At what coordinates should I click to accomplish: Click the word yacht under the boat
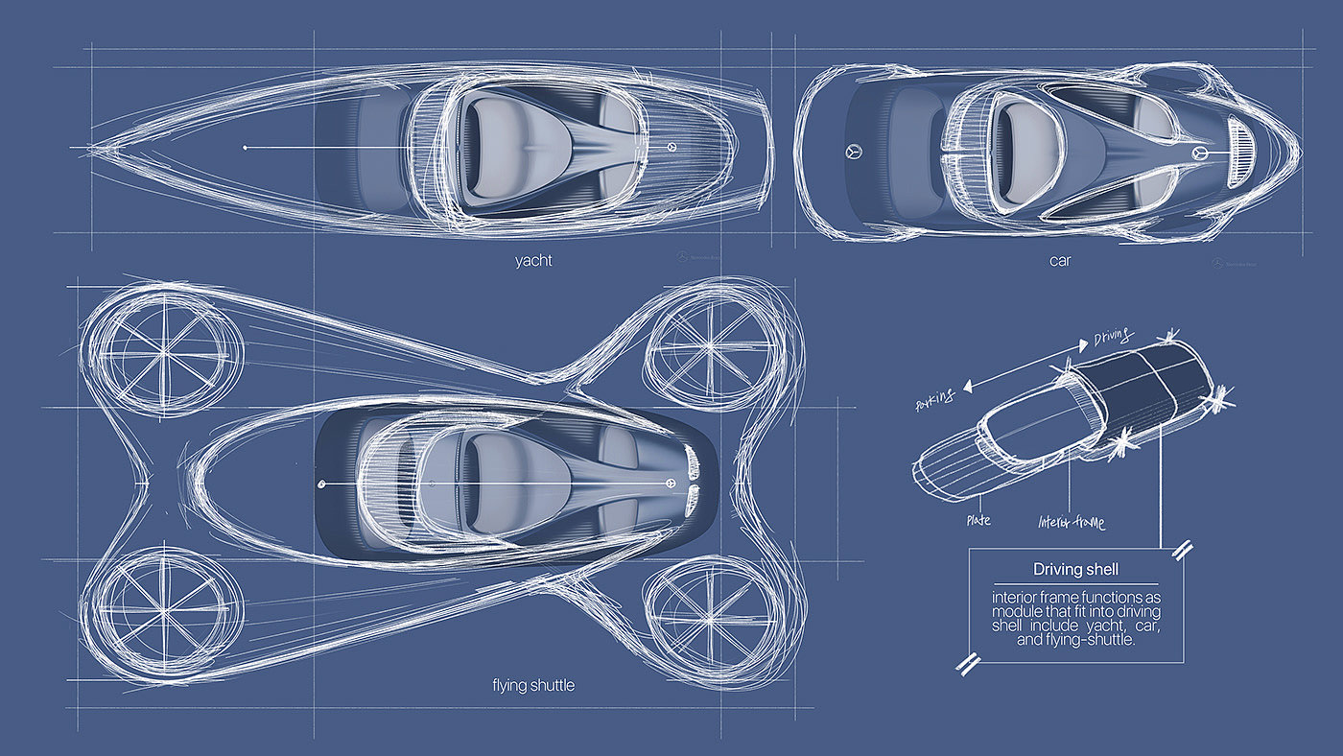[533, 260]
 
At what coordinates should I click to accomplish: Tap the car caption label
[1059, 260]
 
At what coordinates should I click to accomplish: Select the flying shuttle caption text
[532, 686]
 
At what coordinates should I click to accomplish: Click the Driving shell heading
[1075, 570]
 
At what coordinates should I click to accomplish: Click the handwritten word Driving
[1114, 339]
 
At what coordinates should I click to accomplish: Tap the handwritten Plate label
[978, 521]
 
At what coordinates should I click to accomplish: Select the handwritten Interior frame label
[1072, 523]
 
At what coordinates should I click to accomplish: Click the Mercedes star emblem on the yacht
[672, 147]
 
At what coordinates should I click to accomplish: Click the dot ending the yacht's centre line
[246, 148]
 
